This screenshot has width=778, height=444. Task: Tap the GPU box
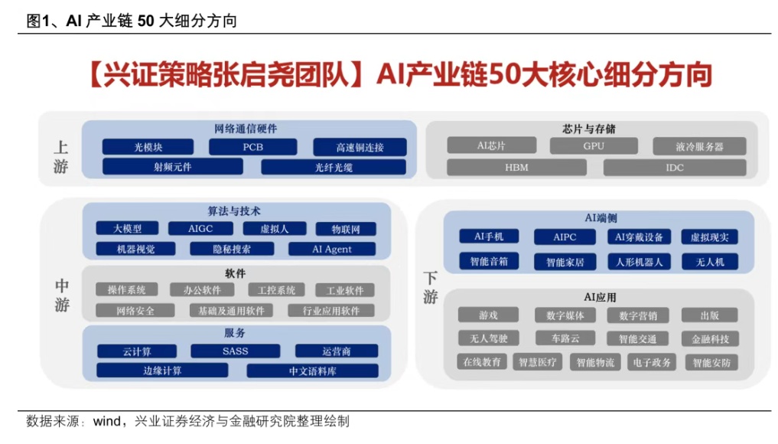pos(594,145)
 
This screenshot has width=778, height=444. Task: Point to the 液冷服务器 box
pos(700,145)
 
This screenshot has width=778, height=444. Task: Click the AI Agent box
pos(332,249)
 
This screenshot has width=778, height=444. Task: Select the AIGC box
pos(200,228)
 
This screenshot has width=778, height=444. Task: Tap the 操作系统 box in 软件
pos(127,290)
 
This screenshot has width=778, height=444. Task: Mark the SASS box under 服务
pos(236,351)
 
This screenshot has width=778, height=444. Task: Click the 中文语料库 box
pos(312,371)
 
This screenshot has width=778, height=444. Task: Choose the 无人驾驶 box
pos(489,338)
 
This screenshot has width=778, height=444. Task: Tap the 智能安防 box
pos(712,362)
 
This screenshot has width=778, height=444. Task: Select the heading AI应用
pos(600,297)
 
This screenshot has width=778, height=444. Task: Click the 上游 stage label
pos(61,157)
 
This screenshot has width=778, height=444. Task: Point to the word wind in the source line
pos(107,422)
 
